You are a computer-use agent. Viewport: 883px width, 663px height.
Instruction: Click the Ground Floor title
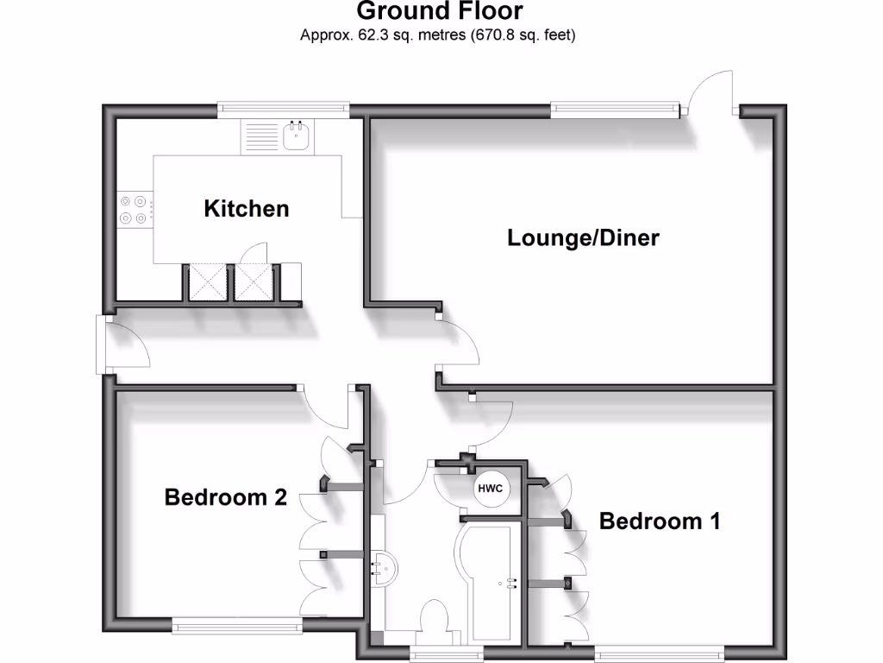pos(440,11)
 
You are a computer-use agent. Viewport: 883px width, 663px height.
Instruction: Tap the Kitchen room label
pos(246,208)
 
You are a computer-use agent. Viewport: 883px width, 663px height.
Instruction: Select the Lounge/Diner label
pos(583,237)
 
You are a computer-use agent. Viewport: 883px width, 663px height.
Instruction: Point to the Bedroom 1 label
pos(660,521)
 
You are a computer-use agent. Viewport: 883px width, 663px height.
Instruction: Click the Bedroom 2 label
pos(225,497)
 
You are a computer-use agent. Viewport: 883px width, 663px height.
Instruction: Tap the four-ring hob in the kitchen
pos(134,209)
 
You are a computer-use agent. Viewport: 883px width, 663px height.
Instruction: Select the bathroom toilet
pos(433,622)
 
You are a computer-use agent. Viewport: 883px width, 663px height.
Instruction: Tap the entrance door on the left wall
pos(121,344)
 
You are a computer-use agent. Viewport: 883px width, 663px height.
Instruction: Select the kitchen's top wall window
pos(284,109)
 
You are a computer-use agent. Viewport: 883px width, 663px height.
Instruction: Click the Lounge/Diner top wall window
pos(615,109)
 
